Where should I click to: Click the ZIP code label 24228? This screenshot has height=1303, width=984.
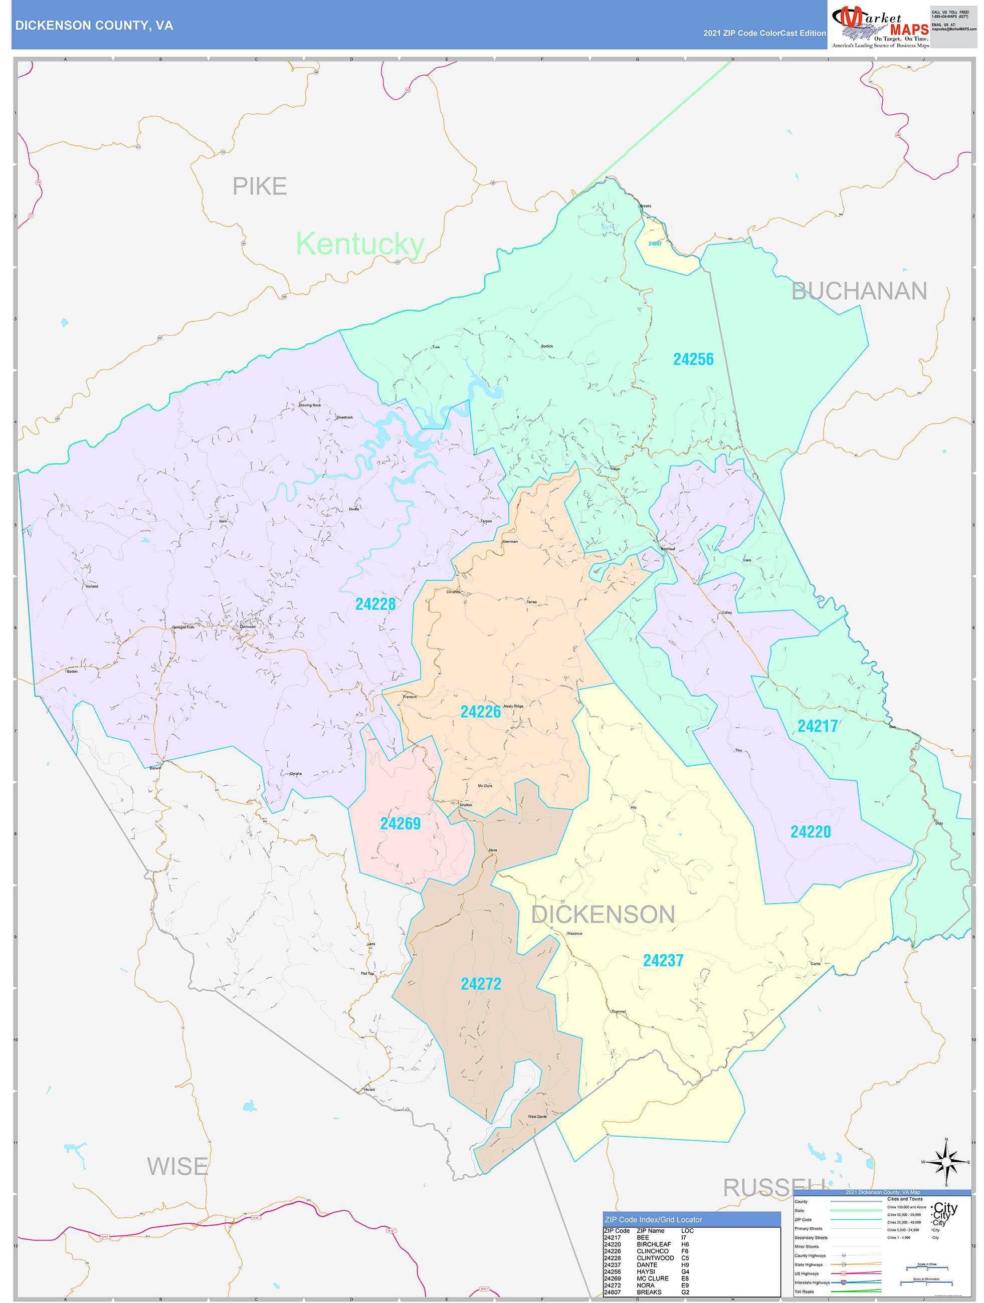coord(375,604)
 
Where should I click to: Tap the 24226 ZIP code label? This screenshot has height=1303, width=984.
coord(480,712)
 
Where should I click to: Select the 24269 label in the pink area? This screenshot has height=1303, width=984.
coord(400,823)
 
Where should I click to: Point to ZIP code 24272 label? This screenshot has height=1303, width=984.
coord(481,984)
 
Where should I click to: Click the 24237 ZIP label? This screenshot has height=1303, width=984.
coord(663,961)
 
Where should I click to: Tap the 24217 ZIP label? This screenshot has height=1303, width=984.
coord(817,726)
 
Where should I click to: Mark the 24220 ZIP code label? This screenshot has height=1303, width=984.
coord(810,832)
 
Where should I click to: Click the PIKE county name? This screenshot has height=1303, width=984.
coord(259,187)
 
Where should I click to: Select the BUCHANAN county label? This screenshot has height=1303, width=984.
coord(859,291)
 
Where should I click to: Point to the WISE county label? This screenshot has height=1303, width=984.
coord(177,1166)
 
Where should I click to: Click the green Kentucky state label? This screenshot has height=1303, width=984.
coord(359,244)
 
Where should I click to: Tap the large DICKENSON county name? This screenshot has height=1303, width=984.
coord(603,914)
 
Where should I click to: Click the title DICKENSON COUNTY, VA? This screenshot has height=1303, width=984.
coord(94,26)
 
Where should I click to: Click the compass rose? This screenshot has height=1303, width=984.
coord(946,1162)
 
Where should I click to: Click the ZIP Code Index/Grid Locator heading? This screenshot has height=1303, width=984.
coord(653,1219)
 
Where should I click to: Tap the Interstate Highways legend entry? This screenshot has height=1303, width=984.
coord(812,1282)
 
